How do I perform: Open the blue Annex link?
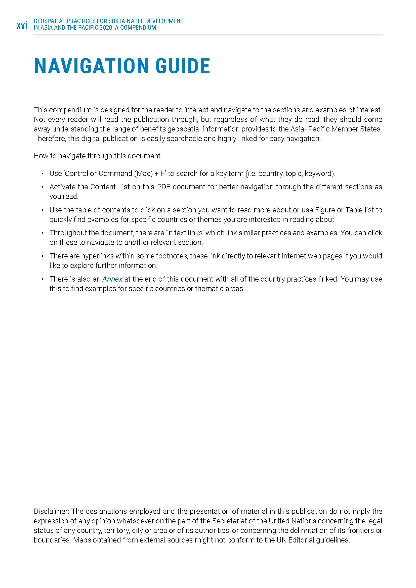click(112, 279)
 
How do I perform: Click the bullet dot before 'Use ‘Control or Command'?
click(43, 174)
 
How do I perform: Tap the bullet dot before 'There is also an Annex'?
click(43, 279)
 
